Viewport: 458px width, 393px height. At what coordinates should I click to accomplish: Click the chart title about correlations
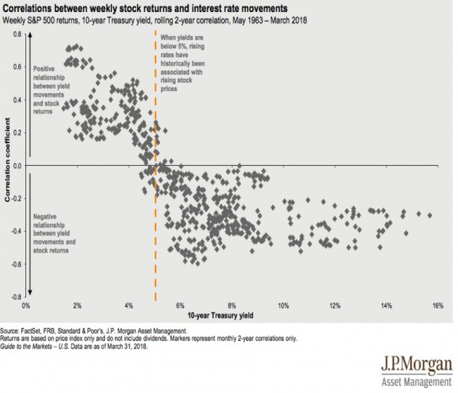click(145, 8)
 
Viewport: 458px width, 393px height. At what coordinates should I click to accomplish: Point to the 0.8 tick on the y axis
click(17, 35)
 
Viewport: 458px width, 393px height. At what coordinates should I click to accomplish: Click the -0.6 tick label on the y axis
click(17, 264)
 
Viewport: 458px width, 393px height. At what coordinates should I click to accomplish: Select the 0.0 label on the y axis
click(17, 166)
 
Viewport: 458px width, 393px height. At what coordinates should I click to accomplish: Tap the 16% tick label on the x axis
click(438, 306)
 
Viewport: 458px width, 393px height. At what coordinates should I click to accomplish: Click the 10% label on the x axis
click(283, 306)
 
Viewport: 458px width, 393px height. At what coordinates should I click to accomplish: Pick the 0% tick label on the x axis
click(25, 306)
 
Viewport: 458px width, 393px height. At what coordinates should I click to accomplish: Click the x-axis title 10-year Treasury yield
click(221, 315)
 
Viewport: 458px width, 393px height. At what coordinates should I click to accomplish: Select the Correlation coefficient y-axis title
click(7, 159)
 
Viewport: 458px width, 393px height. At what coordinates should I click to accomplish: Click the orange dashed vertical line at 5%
click(156, 165)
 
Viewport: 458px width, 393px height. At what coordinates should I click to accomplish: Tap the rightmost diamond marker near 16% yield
click(430, 215)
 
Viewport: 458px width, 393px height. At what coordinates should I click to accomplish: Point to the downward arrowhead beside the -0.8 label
click(30, 292)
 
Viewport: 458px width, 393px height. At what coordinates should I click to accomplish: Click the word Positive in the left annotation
click(44, 69)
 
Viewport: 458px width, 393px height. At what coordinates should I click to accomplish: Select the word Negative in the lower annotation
click(44, 217)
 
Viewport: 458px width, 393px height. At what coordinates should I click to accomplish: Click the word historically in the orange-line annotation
click(175, 64)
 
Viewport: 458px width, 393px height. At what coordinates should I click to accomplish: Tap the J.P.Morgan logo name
click(416, 364)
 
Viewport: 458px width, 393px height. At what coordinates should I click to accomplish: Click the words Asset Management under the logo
click(416, 382)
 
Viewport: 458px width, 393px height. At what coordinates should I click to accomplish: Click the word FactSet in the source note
click(31, 331)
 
